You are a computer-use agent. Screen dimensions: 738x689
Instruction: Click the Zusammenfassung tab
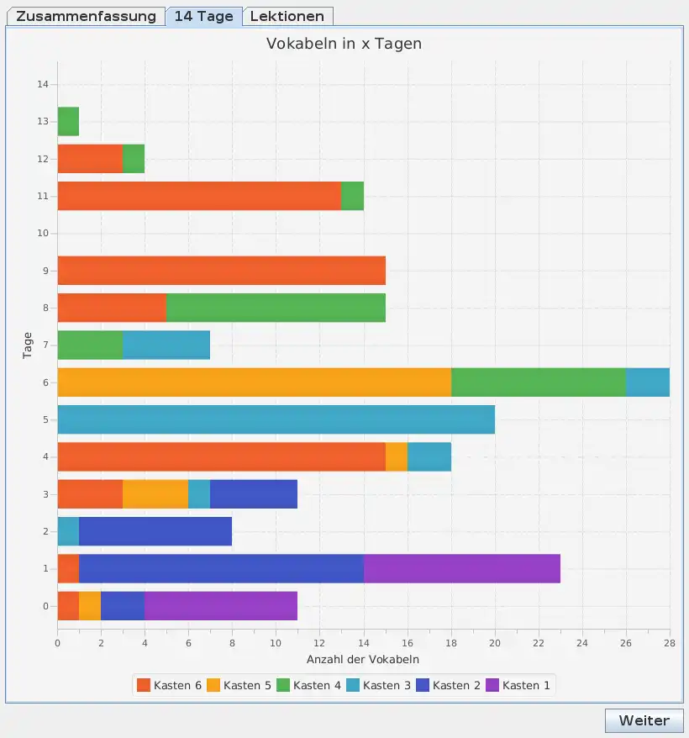86,17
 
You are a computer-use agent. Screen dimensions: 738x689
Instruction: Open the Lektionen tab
287,17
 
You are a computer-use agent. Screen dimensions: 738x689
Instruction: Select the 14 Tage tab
204,17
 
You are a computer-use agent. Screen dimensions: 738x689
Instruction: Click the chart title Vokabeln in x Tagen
344,44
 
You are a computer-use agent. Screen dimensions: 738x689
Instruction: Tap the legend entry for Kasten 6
169,685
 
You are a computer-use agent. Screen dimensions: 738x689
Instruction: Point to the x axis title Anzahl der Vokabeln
363,659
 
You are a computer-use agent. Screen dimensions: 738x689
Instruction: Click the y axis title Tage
28,345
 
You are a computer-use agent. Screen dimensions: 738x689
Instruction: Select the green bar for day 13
68,122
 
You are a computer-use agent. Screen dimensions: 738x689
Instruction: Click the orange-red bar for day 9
221,271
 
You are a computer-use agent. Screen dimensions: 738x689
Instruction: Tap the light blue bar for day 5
276,419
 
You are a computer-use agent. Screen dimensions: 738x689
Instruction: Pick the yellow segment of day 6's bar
254,382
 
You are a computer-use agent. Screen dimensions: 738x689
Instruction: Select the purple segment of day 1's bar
461,568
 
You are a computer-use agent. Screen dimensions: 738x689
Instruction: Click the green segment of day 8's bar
276,308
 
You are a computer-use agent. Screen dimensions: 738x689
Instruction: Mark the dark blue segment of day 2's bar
155,531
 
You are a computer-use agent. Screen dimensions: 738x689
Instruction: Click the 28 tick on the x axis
669,643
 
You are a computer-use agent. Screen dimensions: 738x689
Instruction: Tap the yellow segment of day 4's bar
397,456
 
